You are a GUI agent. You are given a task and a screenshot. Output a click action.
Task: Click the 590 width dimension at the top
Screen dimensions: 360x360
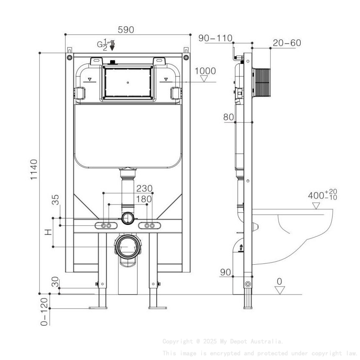(x=126, y=30)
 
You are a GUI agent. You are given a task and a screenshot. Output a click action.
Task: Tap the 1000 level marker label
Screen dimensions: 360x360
(x=205, y=71)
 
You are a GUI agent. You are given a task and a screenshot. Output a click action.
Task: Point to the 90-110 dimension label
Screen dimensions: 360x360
(x=215, y=38)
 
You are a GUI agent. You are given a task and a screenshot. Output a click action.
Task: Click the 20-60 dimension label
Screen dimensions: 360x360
(x=287, y=43)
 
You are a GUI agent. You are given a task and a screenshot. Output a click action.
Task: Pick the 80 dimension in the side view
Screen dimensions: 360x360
(x=229, y=117)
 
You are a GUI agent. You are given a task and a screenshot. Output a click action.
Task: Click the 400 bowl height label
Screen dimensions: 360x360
(x=322, y=195)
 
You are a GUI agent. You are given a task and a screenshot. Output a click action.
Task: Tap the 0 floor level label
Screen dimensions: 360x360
(x=279, y=282)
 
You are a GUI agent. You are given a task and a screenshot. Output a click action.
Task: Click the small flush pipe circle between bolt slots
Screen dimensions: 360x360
(x=127, y=219)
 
